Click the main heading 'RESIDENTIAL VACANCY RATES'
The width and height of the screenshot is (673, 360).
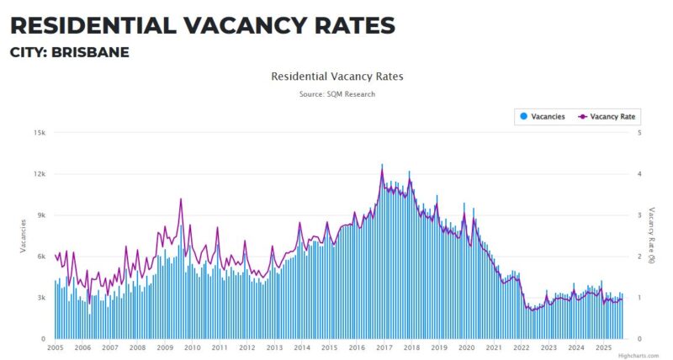point(202,25)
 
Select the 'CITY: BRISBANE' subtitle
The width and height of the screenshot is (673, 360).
point(69,52)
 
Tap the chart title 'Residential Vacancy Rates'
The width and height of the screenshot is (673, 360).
point(336,77)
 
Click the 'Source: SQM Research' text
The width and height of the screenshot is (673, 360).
point(336,94)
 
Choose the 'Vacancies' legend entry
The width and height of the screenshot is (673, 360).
point(543,117)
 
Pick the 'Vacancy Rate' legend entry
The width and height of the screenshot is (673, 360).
point(607,117)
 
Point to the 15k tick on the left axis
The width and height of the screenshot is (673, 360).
point(38,133)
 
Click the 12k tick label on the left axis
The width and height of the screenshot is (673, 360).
point(38,174)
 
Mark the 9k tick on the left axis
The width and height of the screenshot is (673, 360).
point(40,215)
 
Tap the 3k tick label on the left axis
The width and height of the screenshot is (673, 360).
point(40,298)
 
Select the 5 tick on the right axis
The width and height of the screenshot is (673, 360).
point(640,133)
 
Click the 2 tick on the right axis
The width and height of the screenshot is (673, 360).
point(640,257)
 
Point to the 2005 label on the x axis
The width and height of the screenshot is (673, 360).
point(56,347)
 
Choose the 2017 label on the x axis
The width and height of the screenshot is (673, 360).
point(384,347)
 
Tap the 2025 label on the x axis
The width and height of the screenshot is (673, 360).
point(603,347)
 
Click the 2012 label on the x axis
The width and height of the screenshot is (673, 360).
point(247,347)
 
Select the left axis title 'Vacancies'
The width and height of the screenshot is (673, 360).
point(24,236)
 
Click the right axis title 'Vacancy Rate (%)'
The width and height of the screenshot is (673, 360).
point(651,236)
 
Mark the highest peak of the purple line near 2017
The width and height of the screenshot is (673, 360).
point(382,171)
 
